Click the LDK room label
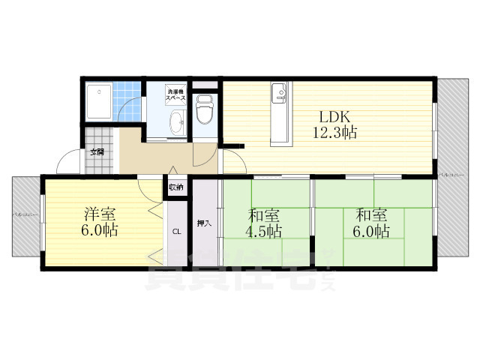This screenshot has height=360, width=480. tap(335, 118)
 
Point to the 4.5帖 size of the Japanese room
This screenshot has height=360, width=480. tap(264, 231)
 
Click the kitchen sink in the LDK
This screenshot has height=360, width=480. tap(280, 94)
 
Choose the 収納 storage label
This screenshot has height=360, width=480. tap(175, 187)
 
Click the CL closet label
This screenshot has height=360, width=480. tap(177, 231)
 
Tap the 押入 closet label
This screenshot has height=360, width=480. tap(203, 223)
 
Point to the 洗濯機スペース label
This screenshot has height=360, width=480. tap(178, 93)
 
